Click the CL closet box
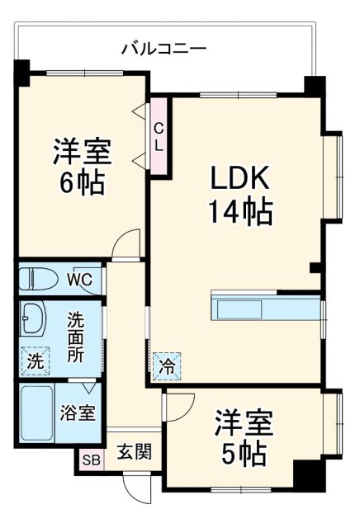(159, 136)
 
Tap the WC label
(79, 278)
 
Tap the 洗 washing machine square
(35, 360)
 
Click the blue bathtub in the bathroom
(36, 412)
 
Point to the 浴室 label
(78, 413)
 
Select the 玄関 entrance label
(133, 451)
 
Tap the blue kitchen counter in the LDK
(264, 307)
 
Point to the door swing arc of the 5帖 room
(178, 404)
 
